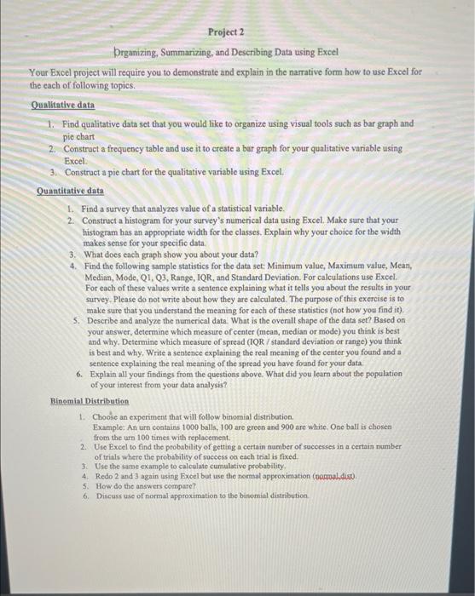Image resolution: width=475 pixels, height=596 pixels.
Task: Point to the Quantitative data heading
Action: (x=71, y=191)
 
